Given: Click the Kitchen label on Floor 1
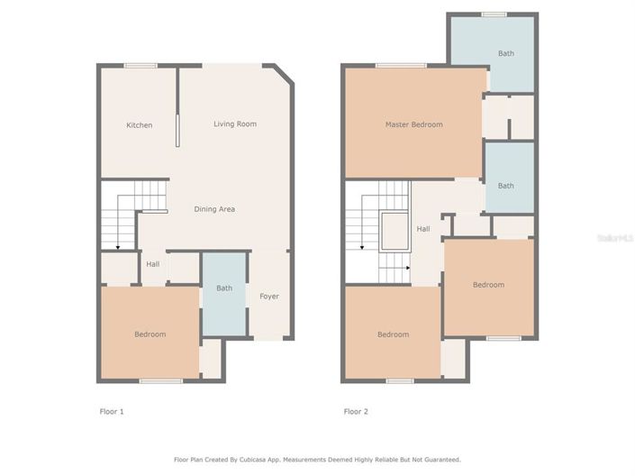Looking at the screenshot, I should click(x=139, y=125).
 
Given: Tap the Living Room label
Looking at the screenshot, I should click(x=235, y=124).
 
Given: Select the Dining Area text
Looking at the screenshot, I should click(x=214, y=209).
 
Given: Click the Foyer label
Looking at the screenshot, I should click(x=269, y=297).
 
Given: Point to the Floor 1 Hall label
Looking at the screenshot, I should click(x=153, y=264).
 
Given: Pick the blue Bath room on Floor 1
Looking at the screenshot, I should click(x=223, y=288).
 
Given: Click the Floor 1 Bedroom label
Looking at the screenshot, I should click(x=150, y=334).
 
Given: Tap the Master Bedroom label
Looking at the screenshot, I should click(x=413, y=124).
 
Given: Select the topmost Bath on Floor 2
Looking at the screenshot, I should click(x=506, y=53).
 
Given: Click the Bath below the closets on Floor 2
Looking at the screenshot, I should click(x=506, y=186).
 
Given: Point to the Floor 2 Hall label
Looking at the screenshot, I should click(x=422, y=229).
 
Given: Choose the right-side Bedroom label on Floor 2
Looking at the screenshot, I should click(x=489, y=285).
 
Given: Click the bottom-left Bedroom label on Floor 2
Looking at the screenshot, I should click(x=393, y=334).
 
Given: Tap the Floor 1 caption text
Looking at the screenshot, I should click(x=111, y=411).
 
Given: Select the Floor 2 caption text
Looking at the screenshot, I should click(x=356, y=411).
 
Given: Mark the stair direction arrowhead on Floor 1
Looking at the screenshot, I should click(x=117, y=246).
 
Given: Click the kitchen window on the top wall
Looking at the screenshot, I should click(x=141, y=65).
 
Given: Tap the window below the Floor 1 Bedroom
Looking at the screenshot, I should click(x=155, y=381).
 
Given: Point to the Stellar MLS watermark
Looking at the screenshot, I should click(x=615, y=238).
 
